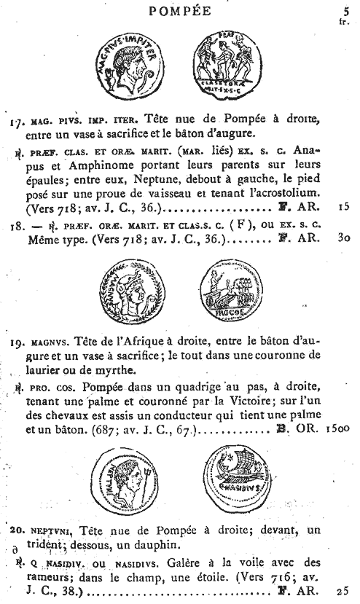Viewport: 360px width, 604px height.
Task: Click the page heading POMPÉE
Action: click(x=179, y=10)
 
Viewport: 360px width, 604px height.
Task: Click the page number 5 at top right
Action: click(x=345, y=10)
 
